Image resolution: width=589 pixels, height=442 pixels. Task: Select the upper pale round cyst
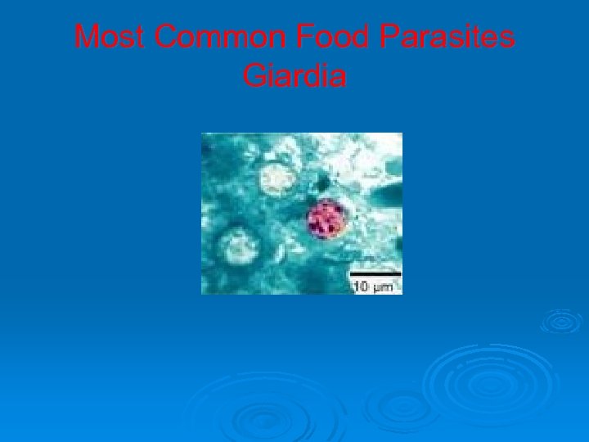click(x=277, y=178)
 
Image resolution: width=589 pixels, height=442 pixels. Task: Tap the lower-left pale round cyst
click(x=240, y=245)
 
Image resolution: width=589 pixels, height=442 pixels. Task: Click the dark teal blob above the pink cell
click(x=321, y=182)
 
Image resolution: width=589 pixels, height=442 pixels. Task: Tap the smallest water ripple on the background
click(x=561, y=321)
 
